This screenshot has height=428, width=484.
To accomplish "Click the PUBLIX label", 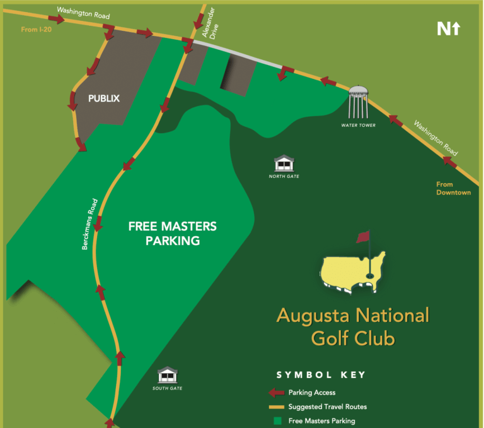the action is click(x=104, y=98).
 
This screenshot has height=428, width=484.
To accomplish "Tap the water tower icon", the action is click(x=359, y=102).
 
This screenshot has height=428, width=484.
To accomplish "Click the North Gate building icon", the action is click(x=283, y=163).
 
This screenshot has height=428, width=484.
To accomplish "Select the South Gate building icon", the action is click(x=167, y=375).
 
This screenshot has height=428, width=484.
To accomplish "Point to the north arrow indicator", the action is click(x=449, y=28).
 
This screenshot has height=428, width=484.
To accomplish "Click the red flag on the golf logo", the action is click(x=362, y=238).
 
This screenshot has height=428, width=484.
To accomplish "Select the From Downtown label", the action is click(x=453, y=188).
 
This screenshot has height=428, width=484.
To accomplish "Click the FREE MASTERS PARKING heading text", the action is click(x=172, y=233).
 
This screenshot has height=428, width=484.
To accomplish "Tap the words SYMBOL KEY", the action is click(x=321, y=375).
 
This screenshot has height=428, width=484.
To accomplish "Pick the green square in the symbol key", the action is click(x=277, y=421).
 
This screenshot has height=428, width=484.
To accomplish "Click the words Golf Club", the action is click(x=352, y=338).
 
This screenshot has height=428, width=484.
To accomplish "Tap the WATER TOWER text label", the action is click(x=358, y=126).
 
